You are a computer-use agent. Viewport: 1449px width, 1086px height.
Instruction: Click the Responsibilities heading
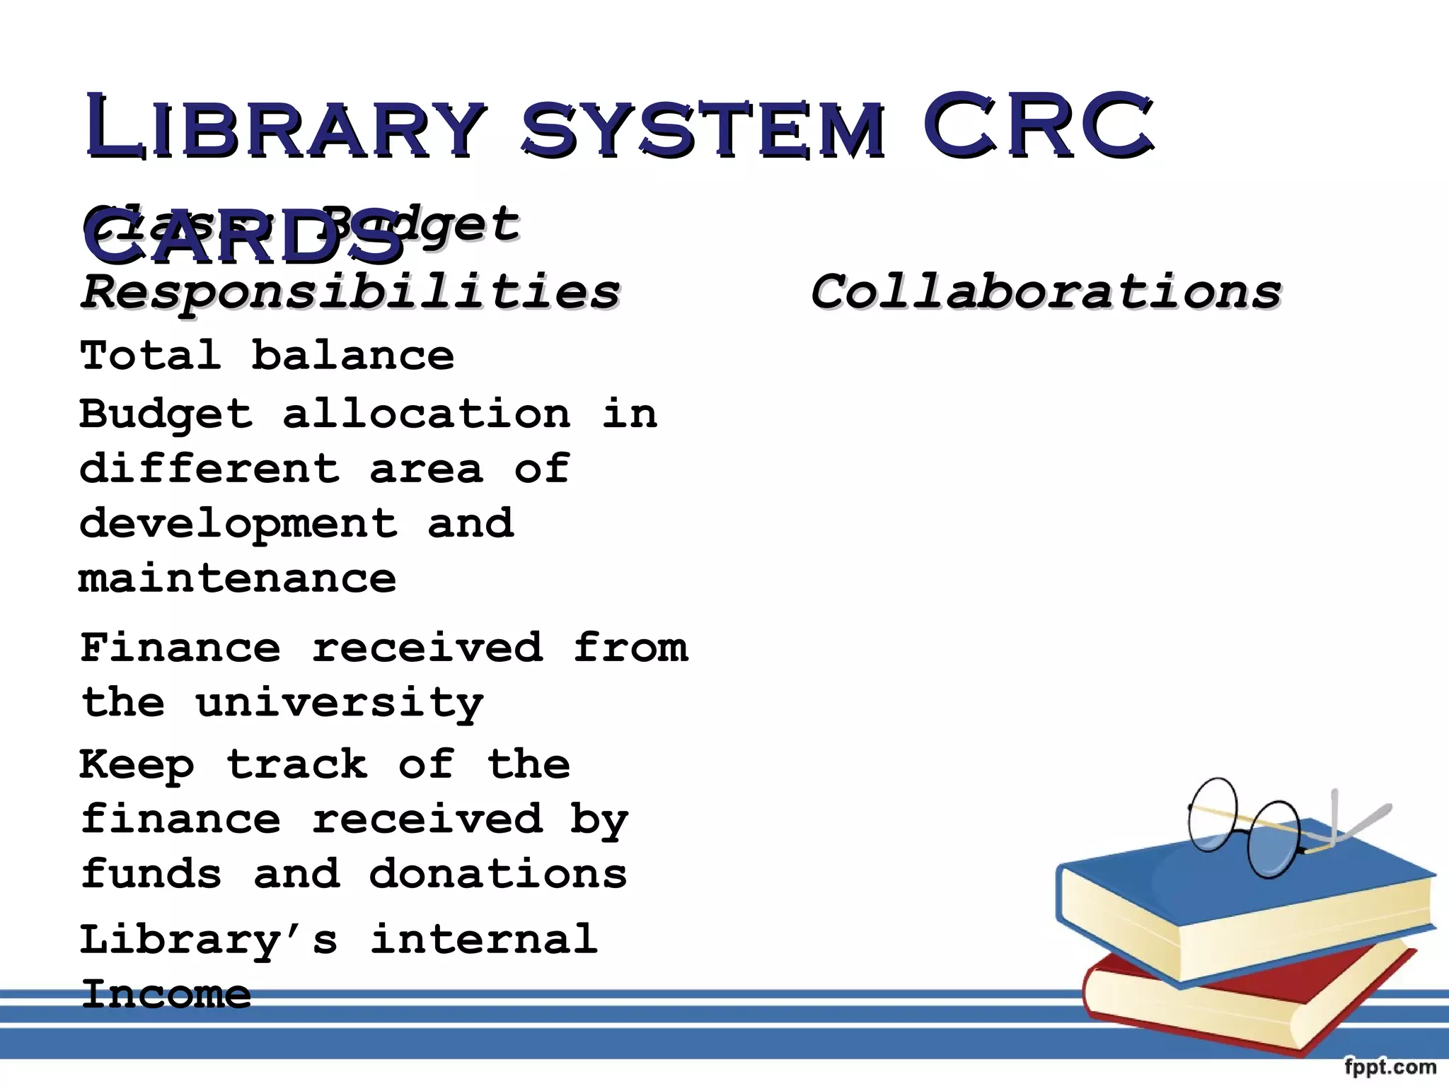tap(350, 292)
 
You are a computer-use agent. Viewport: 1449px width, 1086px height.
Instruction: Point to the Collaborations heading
tap(1046, 292)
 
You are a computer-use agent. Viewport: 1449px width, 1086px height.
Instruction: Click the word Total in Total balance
tap(150, 355)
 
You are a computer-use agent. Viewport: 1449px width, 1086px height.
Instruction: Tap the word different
tap(209, 468)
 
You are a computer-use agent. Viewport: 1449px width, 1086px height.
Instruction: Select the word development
tap(238, 525)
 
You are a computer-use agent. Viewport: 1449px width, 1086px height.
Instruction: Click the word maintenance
tap(238, 579)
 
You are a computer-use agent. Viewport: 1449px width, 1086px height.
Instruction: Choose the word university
tap(340, 703)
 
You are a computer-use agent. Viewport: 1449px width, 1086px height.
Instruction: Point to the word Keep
tap(137, 765)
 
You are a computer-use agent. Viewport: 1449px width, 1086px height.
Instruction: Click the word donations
tap(498, 874)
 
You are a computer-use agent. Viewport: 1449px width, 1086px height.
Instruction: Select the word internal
tap(485, 939)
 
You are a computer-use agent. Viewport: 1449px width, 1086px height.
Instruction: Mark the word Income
tap(166, 994)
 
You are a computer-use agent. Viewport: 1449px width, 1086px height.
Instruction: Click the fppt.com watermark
tap(1390, 1067)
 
